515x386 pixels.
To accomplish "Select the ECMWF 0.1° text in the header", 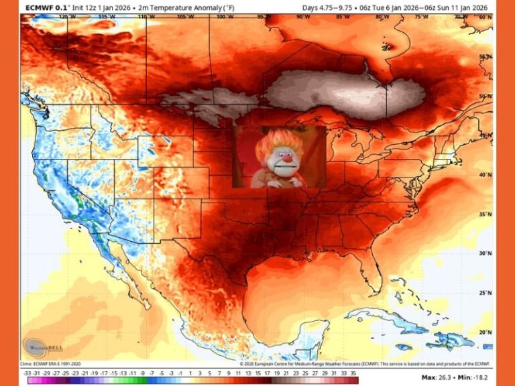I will (x=45, y=7).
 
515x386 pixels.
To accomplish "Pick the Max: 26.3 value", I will (x=441, y=378).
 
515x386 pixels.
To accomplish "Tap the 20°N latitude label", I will (x=484, y=332).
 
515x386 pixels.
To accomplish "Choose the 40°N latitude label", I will (x=484, y=174).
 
